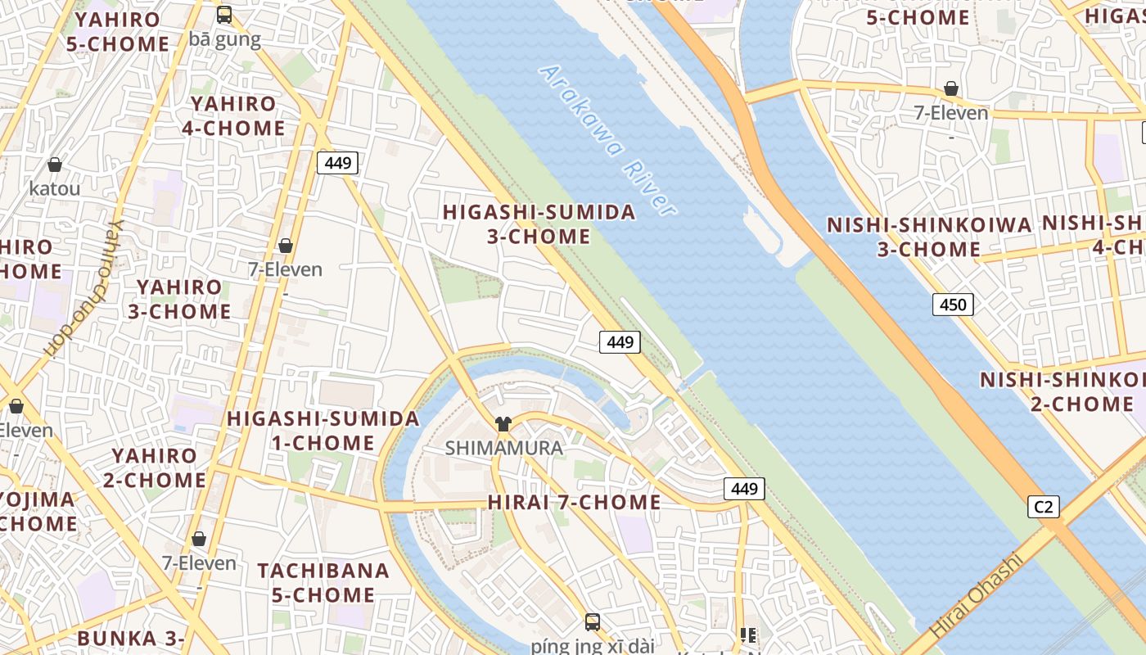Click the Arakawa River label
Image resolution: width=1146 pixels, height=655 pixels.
(x=607, y=141)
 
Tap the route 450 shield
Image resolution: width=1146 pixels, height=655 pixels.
(x=953, y=305)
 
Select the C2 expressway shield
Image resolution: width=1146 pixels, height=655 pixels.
(x=1044, y=507)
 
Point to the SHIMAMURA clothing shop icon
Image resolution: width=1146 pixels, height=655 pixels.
(x=503, y=424)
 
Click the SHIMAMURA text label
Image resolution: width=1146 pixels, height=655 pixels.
(x=503, y=448)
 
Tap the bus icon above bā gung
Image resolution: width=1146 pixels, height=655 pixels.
(x=224, y=15)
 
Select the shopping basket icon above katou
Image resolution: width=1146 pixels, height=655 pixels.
(x=55, y=165)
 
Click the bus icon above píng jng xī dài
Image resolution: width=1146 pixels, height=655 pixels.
(x=593, y=621)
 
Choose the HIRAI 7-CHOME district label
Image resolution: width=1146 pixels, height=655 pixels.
(x=574, y=502)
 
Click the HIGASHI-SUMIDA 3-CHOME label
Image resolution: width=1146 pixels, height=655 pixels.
(x=539, y=224)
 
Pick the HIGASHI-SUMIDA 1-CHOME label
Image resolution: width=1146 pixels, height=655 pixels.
(x=323, y=431)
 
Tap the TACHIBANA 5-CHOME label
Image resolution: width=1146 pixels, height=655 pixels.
(x=323, y=582)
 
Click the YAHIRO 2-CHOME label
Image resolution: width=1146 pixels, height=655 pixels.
(x=155, y=468)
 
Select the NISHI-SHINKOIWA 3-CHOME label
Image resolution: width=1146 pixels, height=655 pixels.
(x=929, y=237)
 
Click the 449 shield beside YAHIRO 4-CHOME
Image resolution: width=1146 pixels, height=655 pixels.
(x=337, y=163)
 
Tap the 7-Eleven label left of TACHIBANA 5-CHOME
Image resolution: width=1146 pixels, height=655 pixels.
(x=199, y=563)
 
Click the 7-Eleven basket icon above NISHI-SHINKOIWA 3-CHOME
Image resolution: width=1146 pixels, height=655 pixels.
(x=951, y=88)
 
